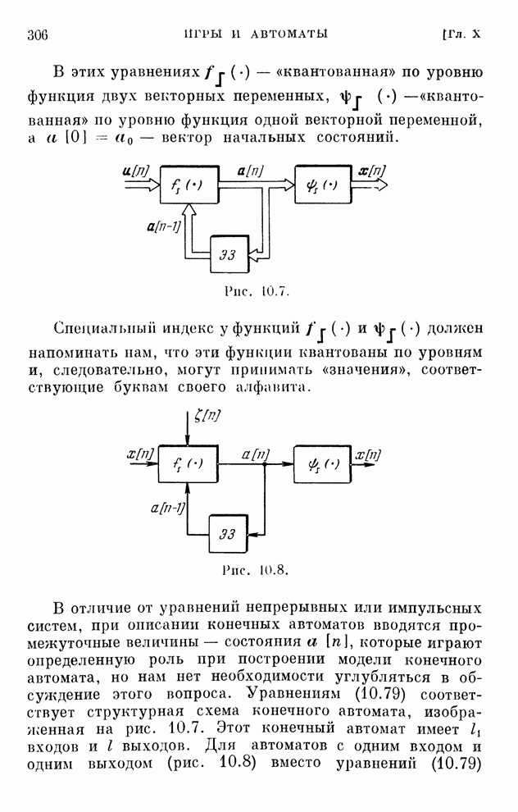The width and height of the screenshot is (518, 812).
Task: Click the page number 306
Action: (x=39, y=34)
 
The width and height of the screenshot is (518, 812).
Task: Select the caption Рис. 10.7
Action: (x=257, y=291)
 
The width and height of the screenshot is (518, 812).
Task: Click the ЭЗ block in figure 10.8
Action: (x=228, y=531)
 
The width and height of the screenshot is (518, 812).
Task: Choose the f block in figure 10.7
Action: (x=189, y=185)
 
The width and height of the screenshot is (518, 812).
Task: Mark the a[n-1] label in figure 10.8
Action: (x=169, y=509)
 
